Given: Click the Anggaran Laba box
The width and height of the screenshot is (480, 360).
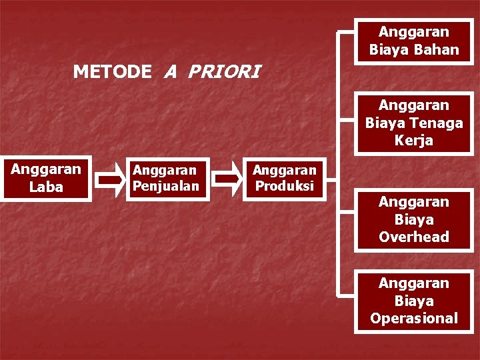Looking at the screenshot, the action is coord(46,179).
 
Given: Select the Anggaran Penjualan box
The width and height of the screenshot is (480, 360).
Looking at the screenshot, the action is coord(166,178).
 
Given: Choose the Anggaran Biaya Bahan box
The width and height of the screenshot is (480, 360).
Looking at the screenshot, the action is coord(414,41).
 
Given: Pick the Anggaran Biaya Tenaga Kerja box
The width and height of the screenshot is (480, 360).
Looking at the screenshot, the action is coord(414,123).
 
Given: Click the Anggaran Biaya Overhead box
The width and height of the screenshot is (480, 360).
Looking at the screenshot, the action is coord(414,219).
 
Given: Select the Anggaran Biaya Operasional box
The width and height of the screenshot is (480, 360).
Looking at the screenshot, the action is coord(414,301).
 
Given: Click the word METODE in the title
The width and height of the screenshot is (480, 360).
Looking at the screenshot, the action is coord(112,71).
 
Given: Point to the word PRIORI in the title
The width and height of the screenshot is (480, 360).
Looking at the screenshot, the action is coord(225,71).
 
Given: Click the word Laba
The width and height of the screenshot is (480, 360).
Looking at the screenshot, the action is coord(46,187).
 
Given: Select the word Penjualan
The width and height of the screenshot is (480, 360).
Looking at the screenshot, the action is coord(166,186).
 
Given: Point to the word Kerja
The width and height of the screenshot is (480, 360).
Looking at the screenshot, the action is coord(414,141).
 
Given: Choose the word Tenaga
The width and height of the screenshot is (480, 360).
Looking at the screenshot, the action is coord(437,123).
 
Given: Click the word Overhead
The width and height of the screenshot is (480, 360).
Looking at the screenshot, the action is coord(414,237).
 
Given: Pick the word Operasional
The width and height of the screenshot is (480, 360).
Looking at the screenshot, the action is coord(414,318).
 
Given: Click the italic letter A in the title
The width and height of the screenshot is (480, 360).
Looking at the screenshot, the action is coord(171,71).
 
